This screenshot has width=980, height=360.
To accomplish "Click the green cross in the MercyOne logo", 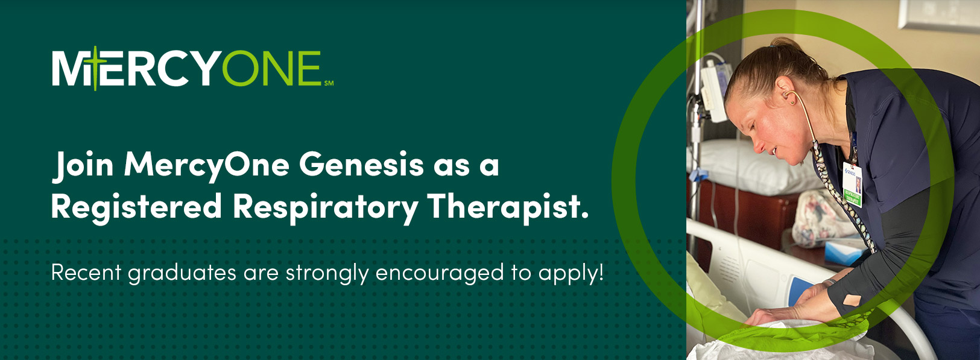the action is [95, 68].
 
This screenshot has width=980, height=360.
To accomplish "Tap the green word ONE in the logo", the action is [272, 68].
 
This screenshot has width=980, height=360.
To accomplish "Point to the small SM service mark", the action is [329, 83].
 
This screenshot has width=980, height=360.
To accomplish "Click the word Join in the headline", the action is [83, 166].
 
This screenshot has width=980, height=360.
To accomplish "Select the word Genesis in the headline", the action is [362, 164].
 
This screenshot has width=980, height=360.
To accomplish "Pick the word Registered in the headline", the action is [136, 207].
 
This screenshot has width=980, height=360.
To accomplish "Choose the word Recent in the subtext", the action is [86, 273].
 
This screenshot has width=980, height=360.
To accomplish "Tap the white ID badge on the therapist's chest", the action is [852, 184].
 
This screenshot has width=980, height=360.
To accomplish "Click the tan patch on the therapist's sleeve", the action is [852, 300].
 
